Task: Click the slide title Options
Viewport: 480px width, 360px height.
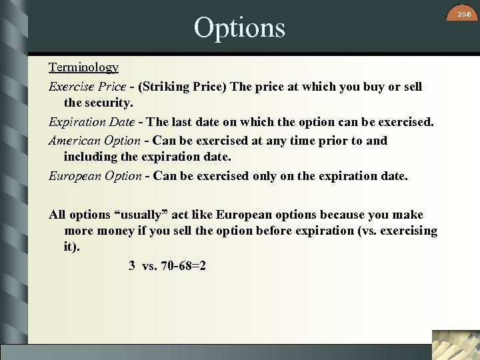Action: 239,28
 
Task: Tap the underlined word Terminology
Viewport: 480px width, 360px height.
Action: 83,67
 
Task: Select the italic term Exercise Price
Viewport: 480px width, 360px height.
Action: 87,87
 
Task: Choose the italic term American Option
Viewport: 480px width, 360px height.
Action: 94,141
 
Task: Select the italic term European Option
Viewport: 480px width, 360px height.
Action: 95,176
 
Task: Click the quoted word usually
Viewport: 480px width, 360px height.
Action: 145,215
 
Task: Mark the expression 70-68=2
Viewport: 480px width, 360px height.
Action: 183,265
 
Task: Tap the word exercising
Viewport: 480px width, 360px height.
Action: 408,231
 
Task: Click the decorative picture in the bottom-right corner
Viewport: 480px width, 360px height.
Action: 455,345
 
